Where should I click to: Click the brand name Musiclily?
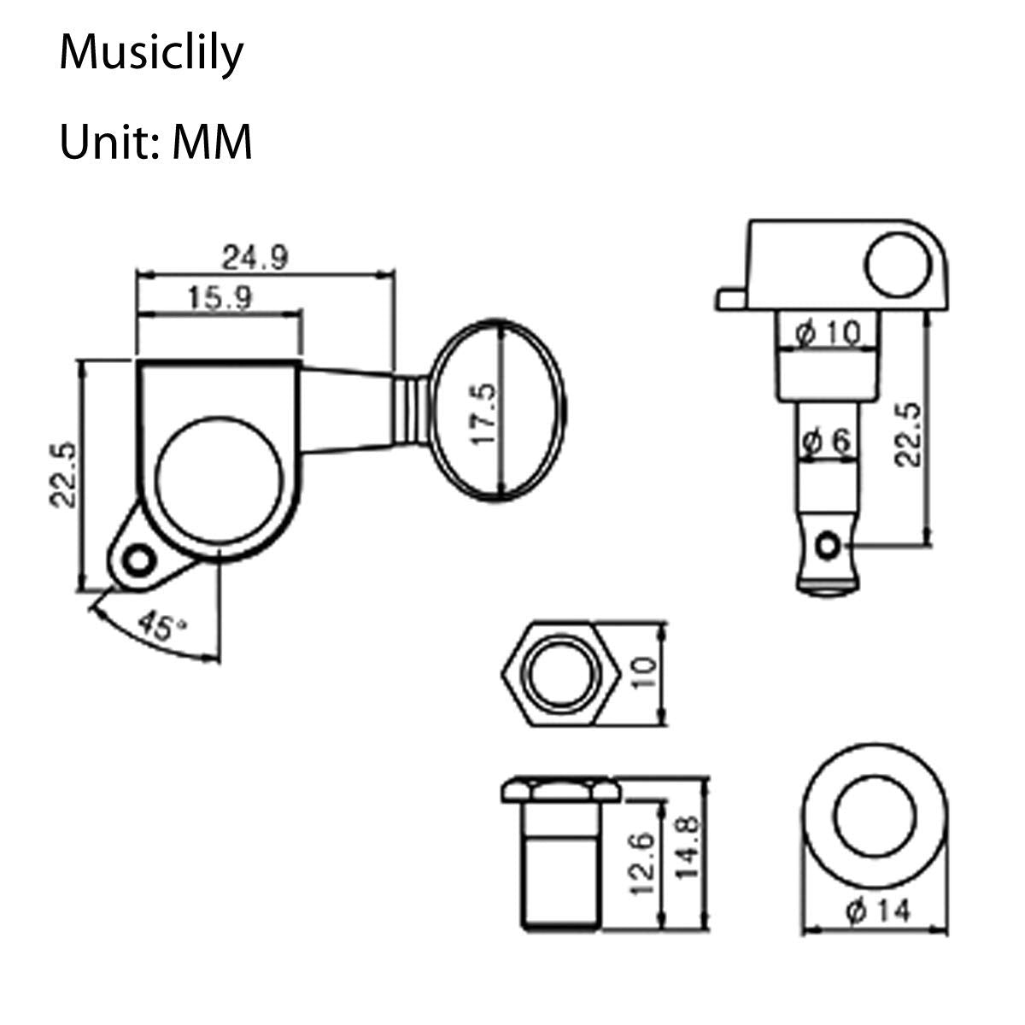(x=151, y=53)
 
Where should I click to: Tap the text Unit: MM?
(x=155, y=142)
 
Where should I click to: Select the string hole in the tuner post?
(x=827, y=544)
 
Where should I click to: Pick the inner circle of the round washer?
(x=874, y=818)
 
